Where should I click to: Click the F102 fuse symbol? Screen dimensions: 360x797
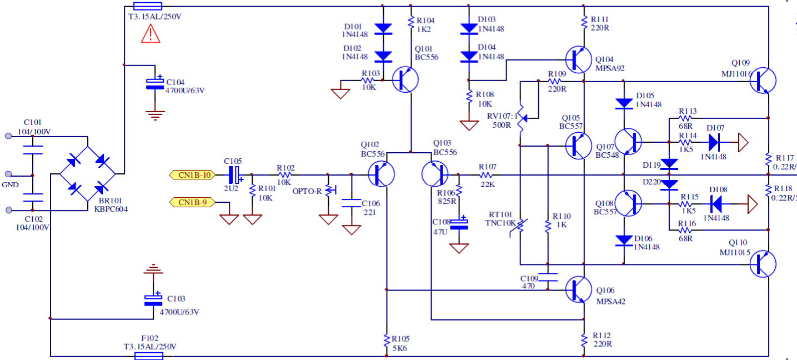point(149,356)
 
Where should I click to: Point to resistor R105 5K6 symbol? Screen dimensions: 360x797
point(385,341)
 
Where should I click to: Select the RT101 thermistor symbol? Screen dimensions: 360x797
point(520,226)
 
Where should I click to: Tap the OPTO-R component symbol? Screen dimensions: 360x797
point(328,189)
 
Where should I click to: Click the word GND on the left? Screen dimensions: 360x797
point(10,184)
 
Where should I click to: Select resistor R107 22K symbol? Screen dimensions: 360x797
point(487,175)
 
